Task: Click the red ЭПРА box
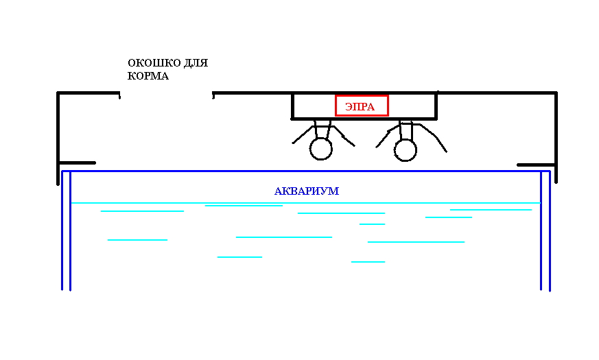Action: click(362, 106)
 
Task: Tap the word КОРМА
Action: click(148, 76)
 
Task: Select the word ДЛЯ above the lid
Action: click(196, 63)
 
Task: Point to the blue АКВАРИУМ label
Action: click(307, 191)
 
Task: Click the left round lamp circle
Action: click(320, 149)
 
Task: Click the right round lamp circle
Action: click(406, 149)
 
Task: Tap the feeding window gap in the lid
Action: click(166, 94)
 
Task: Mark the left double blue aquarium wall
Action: click(67, 233)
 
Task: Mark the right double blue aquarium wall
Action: click(545, 233)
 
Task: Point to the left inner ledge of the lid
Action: click(77, 163)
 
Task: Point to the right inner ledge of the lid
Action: click(536, 165)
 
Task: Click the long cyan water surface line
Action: click(305, 203)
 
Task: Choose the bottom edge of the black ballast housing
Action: click(364, 119)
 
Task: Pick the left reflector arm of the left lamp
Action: click(303, 134)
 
